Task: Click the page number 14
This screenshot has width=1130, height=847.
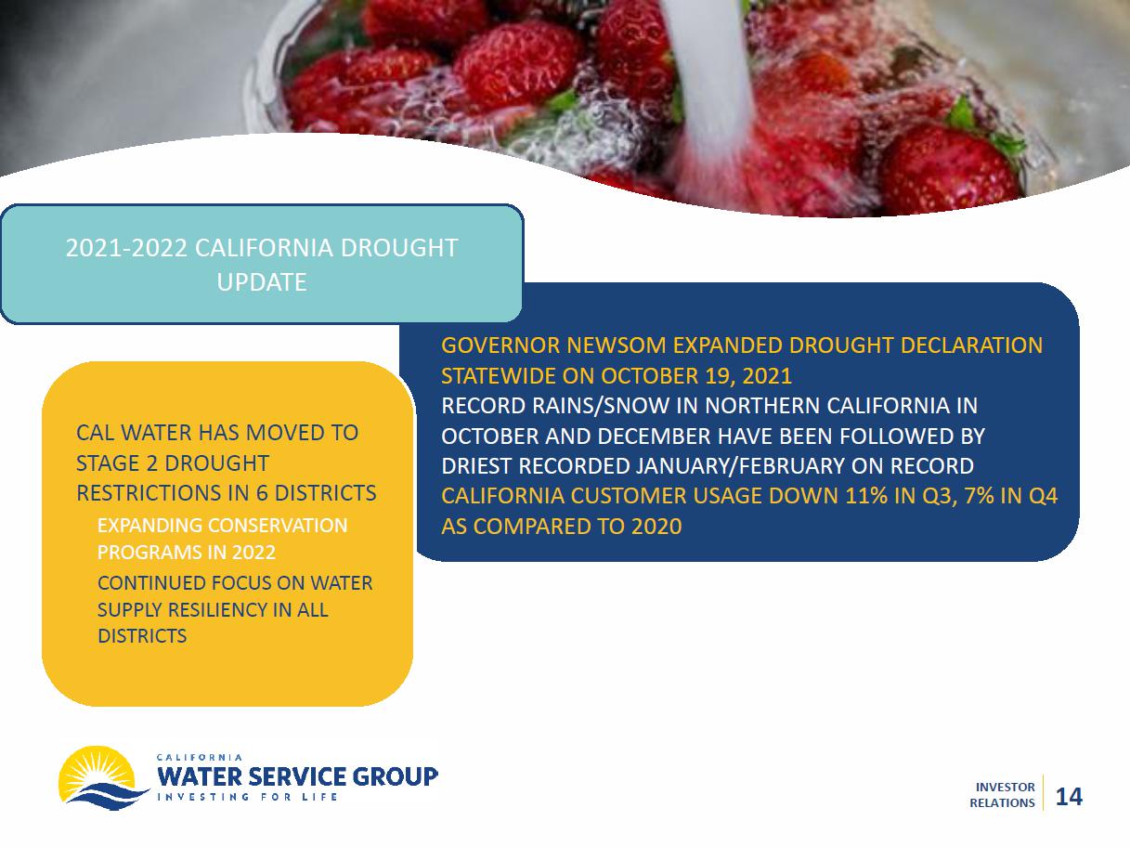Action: (x=1069, y=797)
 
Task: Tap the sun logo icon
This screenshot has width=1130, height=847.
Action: (x=103, y=777)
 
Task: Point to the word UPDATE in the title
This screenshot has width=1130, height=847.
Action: (x=262, y=282)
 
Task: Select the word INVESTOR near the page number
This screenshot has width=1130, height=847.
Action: (x=1005, y=788)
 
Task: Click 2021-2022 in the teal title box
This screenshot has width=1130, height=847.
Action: (x=126, y=248)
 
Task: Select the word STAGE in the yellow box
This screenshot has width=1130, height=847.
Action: (x=108, y=463)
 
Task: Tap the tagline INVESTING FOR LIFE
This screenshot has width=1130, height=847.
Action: (x=247, y=797)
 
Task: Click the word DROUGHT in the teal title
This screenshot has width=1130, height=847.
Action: (x=399, y=248)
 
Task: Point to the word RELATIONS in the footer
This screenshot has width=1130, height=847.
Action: (x=1002, y=803)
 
